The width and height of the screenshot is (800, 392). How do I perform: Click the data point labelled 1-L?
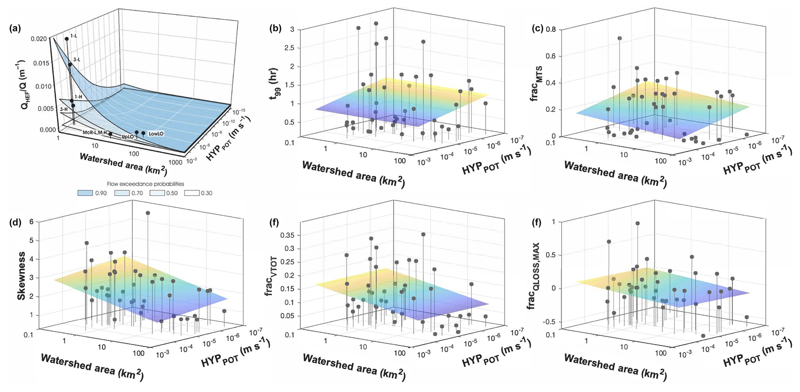tap(67, 39)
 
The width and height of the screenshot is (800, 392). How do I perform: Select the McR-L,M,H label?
tap(94, 132)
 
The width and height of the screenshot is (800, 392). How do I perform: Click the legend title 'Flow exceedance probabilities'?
tap(145, 184)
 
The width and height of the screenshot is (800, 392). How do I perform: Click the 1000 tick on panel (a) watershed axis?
tap(175, 163)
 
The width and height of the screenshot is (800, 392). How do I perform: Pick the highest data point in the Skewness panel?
tap(148, 213)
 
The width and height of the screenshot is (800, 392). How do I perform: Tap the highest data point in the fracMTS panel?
tap(620, 38)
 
